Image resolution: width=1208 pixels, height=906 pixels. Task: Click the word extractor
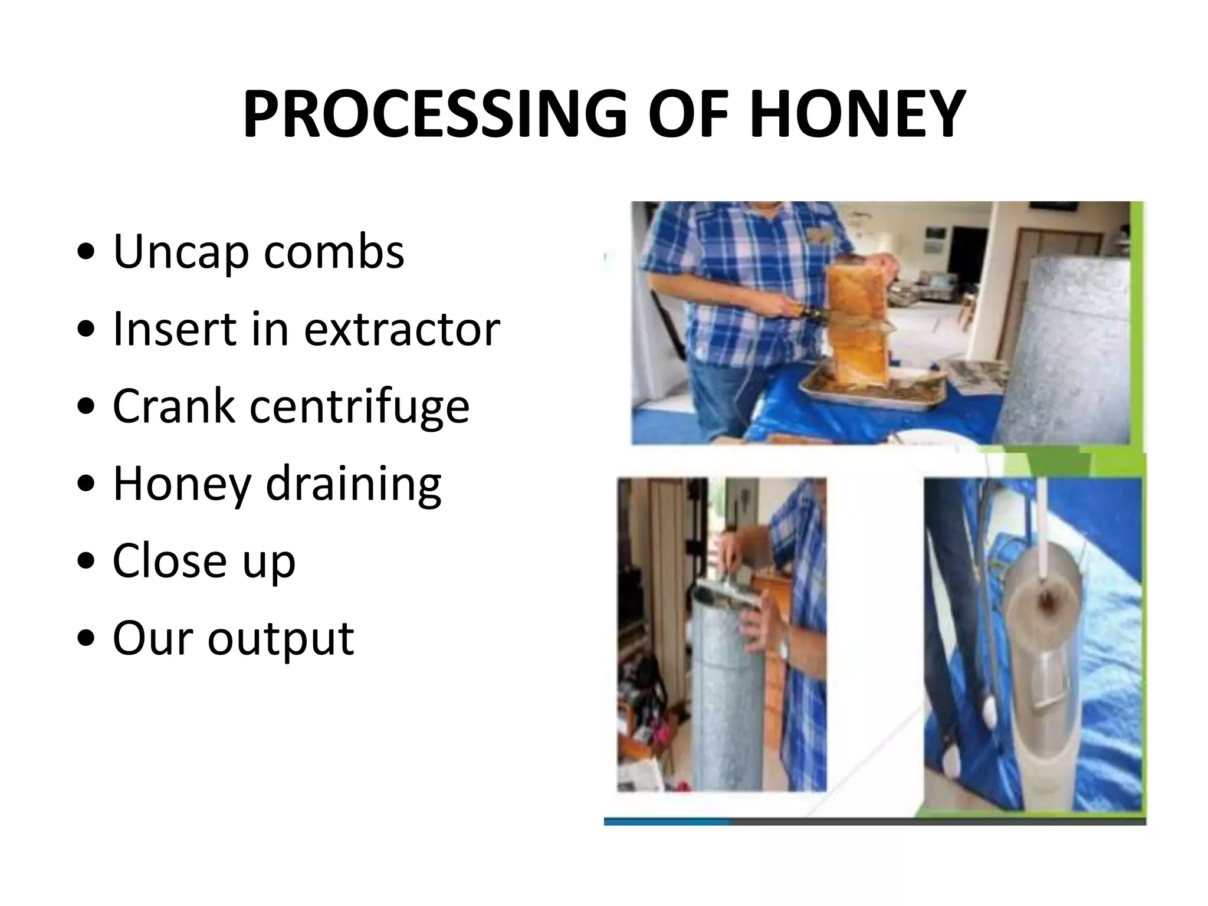pos(402,329)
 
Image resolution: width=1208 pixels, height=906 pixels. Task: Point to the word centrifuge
pos(359,407)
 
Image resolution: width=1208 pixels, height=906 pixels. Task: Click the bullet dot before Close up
pos(87,561)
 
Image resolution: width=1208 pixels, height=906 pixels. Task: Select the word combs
pos(334,252)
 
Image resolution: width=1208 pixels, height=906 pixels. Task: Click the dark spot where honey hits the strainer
pos(1046,601)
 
